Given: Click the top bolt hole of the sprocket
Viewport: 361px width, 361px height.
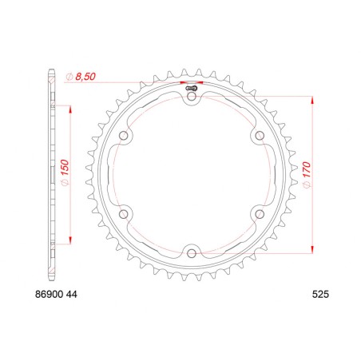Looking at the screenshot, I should (x=192, y=97).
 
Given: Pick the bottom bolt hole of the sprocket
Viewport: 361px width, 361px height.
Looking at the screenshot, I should (x=192, y=253).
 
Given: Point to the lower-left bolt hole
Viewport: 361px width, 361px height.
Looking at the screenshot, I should (x=124, y=214).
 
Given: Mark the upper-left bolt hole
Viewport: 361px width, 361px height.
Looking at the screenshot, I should (x=124, y=137).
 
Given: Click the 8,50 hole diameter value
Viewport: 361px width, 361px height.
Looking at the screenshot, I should (x=85, y=76).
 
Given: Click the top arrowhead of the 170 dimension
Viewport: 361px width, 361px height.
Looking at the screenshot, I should (x=308, y=100).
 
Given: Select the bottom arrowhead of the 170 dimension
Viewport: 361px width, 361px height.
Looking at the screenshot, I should (x=308, y=250).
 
